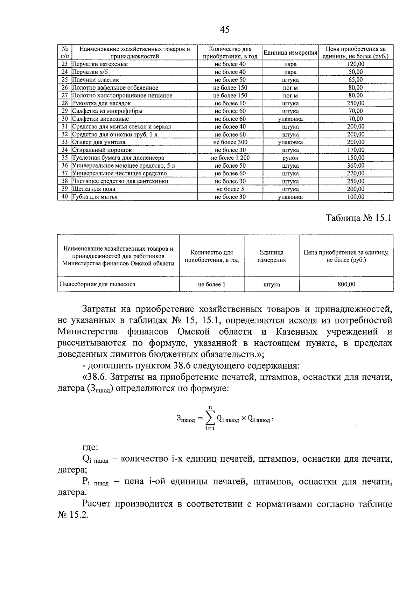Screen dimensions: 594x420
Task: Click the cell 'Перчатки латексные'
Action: coord(100,64)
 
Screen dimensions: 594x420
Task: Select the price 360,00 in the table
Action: coord(355,166)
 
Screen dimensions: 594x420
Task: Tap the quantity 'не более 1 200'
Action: coord(230,158)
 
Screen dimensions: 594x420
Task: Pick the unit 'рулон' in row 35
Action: coord(290,158)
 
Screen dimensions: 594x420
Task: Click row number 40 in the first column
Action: coord(64,197)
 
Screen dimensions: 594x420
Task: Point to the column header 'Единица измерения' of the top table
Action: coord(290,53)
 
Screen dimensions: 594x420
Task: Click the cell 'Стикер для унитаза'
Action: coord(99,142)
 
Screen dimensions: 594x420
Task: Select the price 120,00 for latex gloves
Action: coord(355,64)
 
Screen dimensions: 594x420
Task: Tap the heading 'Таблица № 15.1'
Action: coord(358,218)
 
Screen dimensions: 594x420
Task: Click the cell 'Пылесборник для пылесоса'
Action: coord(97,284)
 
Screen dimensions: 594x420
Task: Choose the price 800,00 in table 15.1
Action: coord(346,284)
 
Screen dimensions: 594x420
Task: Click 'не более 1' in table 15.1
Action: coord(211,284)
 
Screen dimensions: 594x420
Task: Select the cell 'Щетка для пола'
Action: coord(94,189)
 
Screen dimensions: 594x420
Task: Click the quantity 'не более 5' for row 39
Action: coord(230,189)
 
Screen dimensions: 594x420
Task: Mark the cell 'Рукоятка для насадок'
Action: coord(102,103)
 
